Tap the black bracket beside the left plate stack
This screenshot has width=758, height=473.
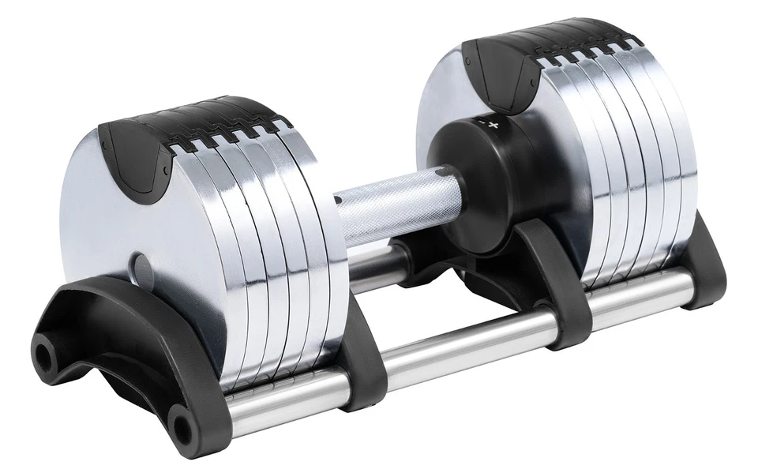(x=359, y=355)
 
